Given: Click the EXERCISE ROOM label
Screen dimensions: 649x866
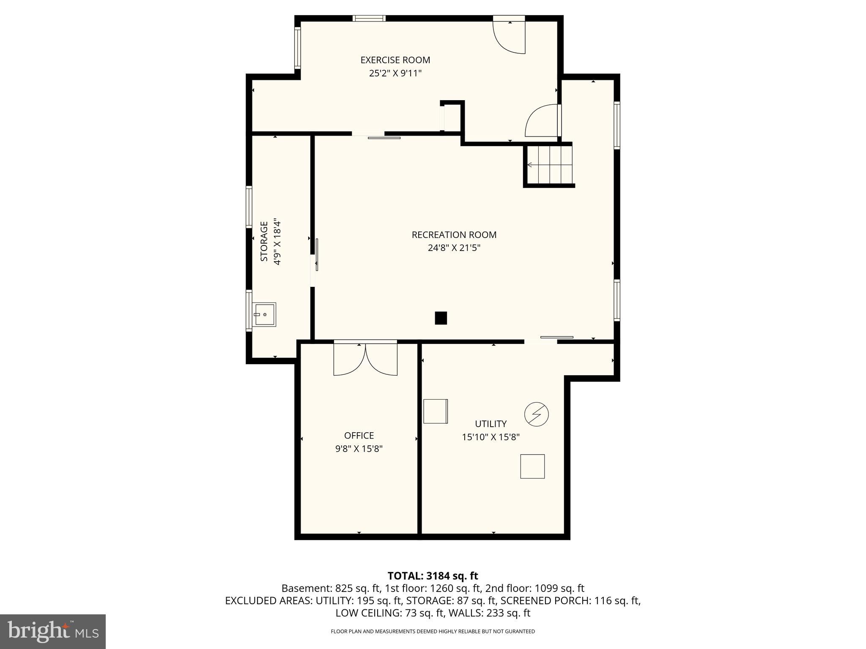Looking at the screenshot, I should [395, 60].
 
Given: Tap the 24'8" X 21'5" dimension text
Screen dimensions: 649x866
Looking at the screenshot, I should [454, 248].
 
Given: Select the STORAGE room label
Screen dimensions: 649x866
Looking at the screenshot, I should [264, 241].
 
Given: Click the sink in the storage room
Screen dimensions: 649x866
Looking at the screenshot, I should [265, 314].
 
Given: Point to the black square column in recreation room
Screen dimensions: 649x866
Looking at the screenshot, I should [441, 318].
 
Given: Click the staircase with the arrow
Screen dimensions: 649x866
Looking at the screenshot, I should [549, 165].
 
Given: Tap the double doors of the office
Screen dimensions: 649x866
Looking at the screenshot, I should [365, 359].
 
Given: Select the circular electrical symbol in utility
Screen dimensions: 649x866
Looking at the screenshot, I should [536, 414].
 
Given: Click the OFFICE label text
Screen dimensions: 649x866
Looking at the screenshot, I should [359, 435].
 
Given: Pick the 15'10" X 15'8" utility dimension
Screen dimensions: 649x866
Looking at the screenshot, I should [491, 437].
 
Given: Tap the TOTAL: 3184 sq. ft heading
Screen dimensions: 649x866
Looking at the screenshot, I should [433, 575].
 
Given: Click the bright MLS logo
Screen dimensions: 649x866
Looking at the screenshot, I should [53, 631].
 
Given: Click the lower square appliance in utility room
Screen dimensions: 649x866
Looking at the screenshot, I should [532, 466].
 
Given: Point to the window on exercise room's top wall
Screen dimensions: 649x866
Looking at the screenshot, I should [369, 18].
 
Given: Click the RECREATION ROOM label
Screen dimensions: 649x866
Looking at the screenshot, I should [454, 235].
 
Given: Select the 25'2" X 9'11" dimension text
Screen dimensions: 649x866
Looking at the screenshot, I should [395, 73].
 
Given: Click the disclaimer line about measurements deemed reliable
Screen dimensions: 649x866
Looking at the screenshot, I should [433, 631].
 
